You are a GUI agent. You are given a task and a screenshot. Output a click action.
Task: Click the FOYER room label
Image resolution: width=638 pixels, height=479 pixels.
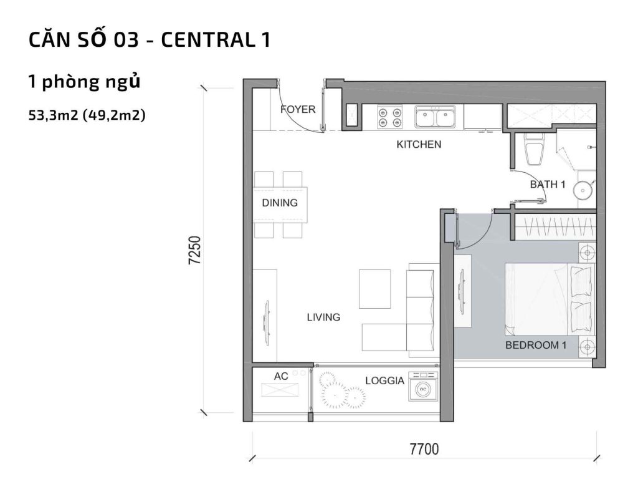[298, 110]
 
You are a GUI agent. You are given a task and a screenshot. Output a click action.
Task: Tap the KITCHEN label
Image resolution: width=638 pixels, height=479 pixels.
[419, 145]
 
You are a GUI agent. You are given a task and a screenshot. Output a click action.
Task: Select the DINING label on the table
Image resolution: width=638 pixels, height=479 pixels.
[280, 203]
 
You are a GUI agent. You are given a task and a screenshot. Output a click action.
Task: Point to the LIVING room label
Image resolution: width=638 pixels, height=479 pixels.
[323, 317]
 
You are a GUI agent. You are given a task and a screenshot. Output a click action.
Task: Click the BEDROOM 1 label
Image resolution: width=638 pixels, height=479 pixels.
[535, 345]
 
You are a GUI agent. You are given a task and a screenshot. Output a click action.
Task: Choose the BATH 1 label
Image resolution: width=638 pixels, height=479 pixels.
[548, 185]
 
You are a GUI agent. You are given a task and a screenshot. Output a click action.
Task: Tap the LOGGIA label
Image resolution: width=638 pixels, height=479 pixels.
[384, 380]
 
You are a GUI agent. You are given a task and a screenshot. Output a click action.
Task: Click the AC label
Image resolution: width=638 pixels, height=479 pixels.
[281, 376]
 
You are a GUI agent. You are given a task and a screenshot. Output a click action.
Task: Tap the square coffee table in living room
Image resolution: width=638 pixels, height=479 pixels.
[374, 289]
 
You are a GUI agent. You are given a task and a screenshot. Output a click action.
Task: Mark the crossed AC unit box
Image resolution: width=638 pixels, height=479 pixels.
[279, 390]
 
